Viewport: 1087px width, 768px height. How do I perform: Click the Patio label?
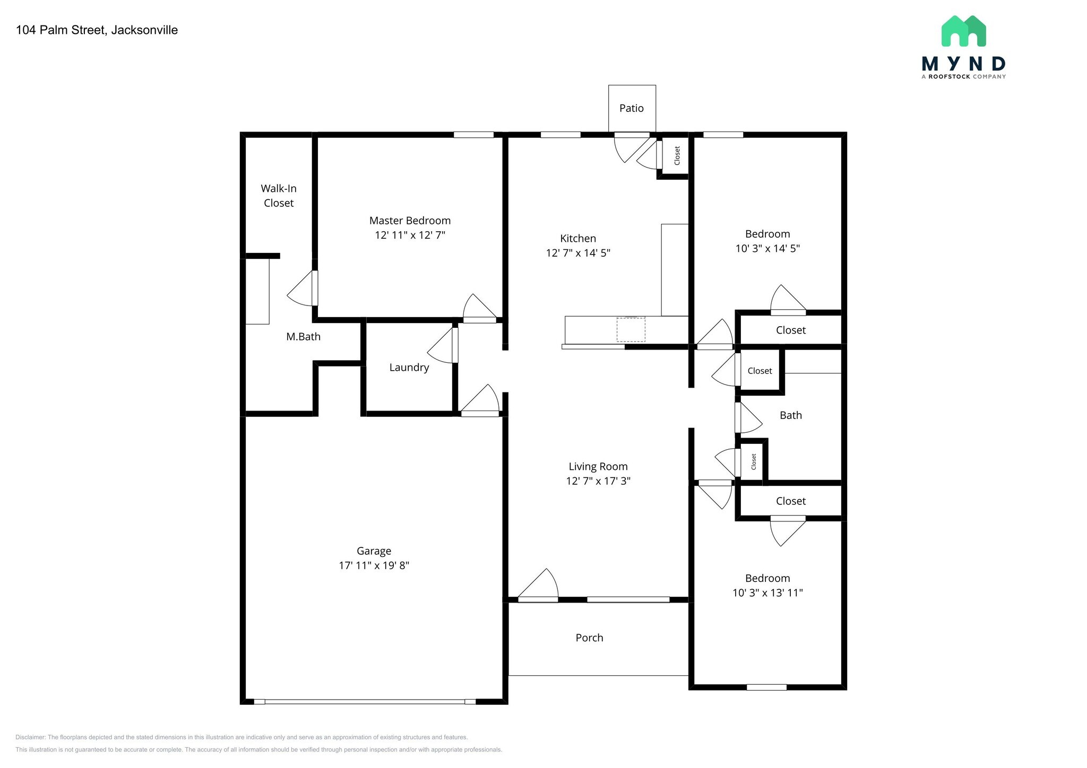(x=632, y=108)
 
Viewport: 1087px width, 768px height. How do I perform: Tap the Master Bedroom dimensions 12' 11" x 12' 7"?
(x=410, y=235)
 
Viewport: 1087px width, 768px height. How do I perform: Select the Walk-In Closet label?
(x=279, y=196)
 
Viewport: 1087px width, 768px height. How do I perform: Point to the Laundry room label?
(x=409, y=368)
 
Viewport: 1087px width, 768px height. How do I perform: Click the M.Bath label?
(x=303, y=337)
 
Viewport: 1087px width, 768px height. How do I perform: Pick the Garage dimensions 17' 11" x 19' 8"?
(x=374, y=565)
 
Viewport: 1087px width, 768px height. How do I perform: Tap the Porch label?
(x=589, y=638)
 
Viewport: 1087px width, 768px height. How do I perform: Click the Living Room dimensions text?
(x=598, y=481)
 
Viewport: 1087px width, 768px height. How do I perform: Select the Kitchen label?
(x=578, y=239)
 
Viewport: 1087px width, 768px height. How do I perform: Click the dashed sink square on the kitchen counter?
(x=631, y=329)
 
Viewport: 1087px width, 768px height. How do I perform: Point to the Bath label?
(x=790, y=415)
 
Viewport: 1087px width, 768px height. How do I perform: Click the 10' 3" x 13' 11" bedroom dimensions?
(x=767, y=593)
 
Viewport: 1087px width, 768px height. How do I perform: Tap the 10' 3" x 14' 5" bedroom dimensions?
(x=767, y=248)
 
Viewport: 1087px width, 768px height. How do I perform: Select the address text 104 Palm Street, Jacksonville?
(x=97, y=30)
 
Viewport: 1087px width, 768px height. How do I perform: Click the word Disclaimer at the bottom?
(x=30, y=737)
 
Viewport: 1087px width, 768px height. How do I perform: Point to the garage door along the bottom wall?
(x=365, y=702)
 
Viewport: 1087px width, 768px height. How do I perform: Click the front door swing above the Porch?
(x=538, y=584)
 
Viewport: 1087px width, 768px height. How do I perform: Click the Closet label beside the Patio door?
(x=677, y=155)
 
